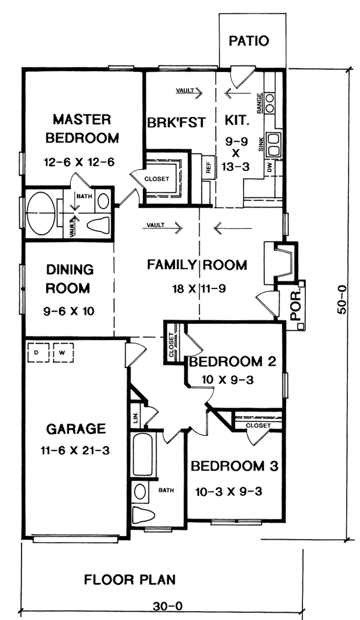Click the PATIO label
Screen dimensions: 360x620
point(249,41)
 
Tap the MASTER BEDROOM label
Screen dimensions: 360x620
point(82,128)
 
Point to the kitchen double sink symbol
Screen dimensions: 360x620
point(274,145)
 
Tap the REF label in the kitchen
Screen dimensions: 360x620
point(208,168)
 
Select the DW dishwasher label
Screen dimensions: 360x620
point(269,168)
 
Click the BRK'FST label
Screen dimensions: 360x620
point(176,122)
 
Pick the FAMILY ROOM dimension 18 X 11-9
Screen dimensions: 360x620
point(199,288)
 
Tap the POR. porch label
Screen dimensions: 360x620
point(295,305)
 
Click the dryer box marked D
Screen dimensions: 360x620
point(38,353)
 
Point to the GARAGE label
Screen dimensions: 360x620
point(76,429)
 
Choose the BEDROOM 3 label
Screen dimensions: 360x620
point(235,466)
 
